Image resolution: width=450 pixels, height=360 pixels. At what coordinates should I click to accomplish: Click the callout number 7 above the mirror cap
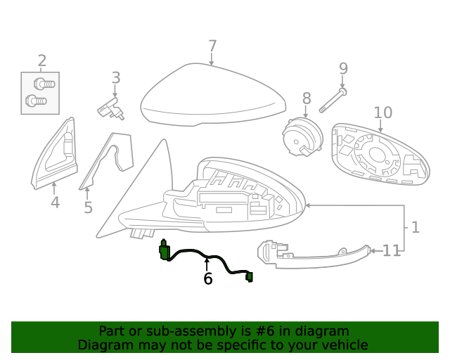pyautogui.click(x=212, y=46)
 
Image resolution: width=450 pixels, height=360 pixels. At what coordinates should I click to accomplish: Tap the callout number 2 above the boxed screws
pyautogui.click(x=41, y=60)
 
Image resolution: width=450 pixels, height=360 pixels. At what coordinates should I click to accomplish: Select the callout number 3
pyautogui.click(x=116, y=78)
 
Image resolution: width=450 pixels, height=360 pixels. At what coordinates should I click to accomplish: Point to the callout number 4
pyautogui.click(x=55, y=203)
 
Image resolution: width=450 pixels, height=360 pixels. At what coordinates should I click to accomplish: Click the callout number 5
pyautogui.click(x=88, y=207)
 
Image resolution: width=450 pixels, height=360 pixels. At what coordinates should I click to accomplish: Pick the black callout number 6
pyautogui.click(x=207, y=278)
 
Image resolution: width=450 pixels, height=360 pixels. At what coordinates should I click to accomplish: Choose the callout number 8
pyautogui.click(x=307, y=98)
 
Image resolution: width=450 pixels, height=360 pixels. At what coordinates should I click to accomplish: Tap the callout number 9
pyautogui.click(x=343, y=68)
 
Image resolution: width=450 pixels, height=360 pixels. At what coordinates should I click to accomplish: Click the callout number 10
pyautogui.click(x=382, y=112)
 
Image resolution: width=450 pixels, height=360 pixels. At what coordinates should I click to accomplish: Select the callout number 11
pyautogui.click(x=392, y=250)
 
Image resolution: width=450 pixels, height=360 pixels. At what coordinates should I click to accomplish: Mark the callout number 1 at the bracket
pyautogui.click(x=415, y=227)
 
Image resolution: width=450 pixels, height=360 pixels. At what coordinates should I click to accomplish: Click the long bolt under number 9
pyautogui.click(x=332, y=101)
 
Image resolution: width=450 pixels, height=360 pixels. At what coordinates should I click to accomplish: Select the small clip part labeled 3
pyautogui.click(x=110, y=108)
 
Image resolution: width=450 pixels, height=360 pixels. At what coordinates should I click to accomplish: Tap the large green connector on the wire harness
pyautogui.click(x=165, y=250)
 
